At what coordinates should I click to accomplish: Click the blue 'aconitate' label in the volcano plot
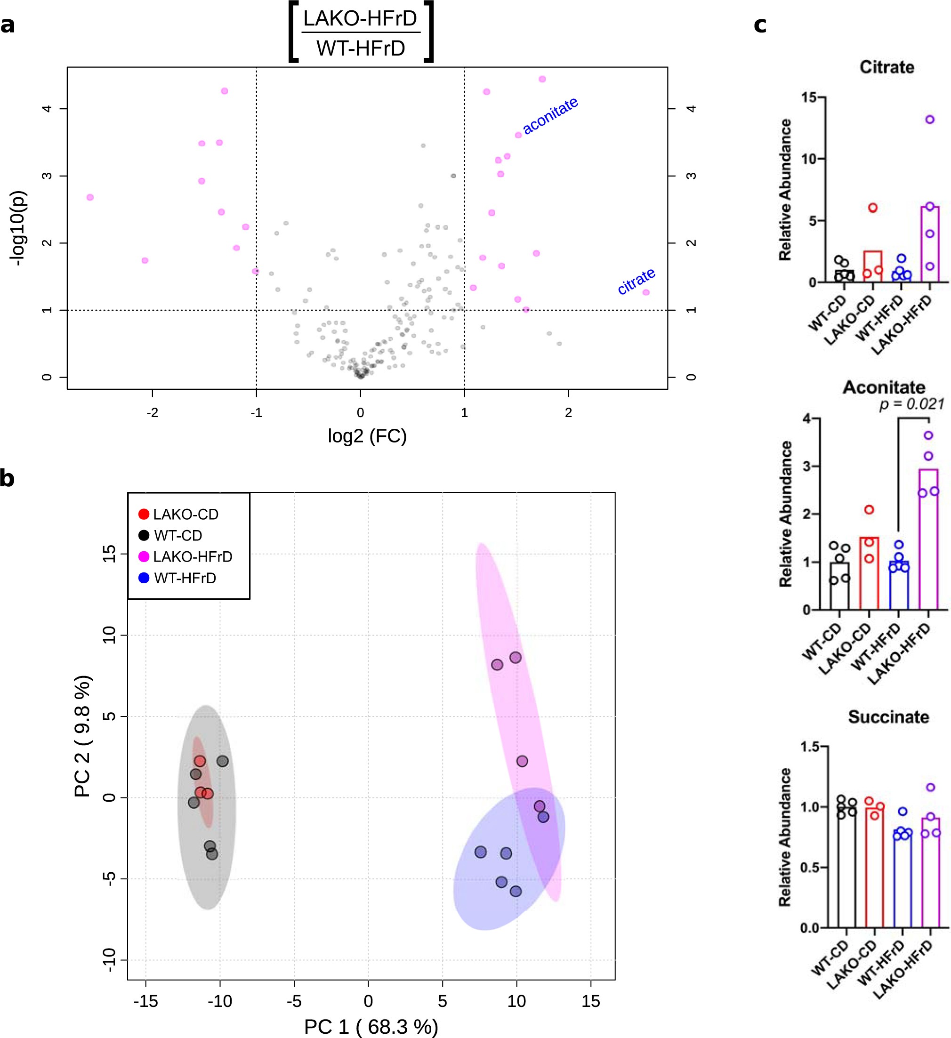tap(550, 115)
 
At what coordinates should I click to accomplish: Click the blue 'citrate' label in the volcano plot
tap(636, 281)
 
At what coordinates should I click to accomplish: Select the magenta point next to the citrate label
tap(645, 292)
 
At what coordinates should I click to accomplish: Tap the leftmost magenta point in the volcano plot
tap(90, 197)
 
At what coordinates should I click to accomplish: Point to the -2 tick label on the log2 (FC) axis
tap(152, 413)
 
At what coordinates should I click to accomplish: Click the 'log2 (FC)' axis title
tap(367, 436)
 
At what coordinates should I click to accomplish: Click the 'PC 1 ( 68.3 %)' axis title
tap(371, 1026)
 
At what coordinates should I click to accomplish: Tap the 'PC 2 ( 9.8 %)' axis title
tap(83, 736)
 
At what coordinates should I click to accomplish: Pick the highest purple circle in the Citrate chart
tap(929, 120)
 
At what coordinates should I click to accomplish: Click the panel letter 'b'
tap(7, 478)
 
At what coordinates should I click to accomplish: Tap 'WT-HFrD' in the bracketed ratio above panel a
tap(361, 48)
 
